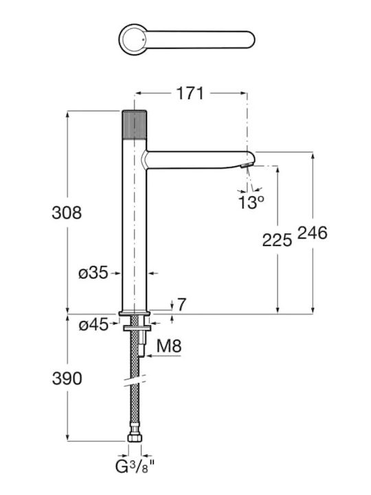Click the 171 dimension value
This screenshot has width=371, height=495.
pyautogui.click(x=190, y=93)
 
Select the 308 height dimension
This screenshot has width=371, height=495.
pyautogui.click(x=67, y=212)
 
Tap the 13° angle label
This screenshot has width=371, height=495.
pyautogui.click(x=251, y=202)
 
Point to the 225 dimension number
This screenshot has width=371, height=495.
pyautogui.click(x=277, y=240)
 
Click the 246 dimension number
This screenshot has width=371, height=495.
pyautogui.click(x=313, y=233)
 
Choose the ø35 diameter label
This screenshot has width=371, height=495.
pyautogui.click(x=93, y=272)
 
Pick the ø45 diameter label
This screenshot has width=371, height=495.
pyautogui.click(x=93, y=324)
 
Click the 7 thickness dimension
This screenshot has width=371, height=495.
pyautogui.click(x=181, y=305)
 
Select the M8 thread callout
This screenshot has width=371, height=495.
pyautogui.click(x=169, y=346)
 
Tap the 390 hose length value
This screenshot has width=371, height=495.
pyautogui.click(x=67, y=378)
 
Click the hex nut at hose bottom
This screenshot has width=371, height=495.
pyautogui.click(x=135, y=437)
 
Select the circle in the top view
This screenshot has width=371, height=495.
pyautogui.click(x=133, y=40)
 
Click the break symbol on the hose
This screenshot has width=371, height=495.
pyautogui.click(x=135, y=381)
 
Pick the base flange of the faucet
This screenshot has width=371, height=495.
pyautogui.click(x=135, y=313)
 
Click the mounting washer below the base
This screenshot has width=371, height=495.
pyautogui.click(x=137, y=329)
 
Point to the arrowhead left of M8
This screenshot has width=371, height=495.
pyautogui.click(x=150, y=356)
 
